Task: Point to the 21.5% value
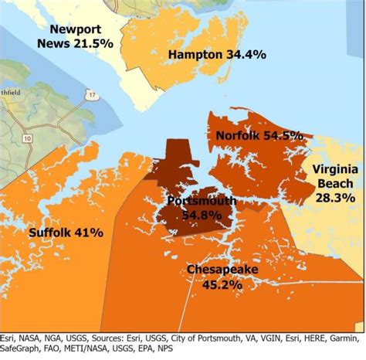[95, 42]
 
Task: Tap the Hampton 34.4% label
[217, 55]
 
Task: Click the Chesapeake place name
[222, 270]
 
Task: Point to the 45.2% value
[222, 284]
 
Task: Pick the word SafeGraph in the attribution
[25, 348]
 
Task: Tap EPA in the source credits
[195, 348]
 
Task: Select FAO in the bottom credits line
[67, 348]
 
